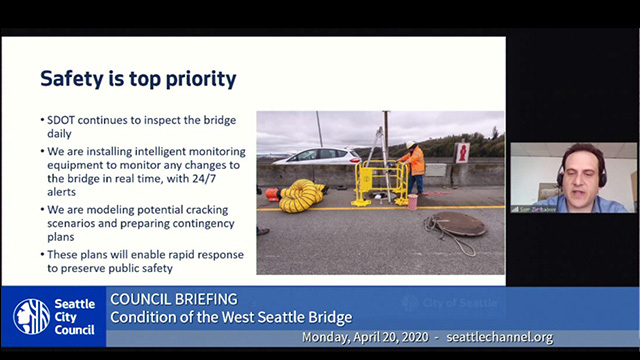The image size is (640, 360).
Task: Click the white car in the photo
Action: tap(317, 157)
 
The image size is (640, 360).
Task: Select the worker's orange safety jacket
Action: tap(414, 160)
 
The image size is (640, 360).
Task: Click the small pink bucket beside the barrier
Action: tap(412, 201)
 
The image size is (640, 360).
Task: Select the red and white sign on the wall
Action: tap(462, 152)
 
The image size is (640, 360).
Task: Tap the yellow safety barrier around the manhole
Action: tap(379, 182)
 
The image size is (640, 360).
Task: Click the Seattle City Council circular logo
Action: tap(31, 316)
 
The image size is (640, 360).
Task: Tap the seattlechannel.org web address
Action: tap(500, 338)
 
